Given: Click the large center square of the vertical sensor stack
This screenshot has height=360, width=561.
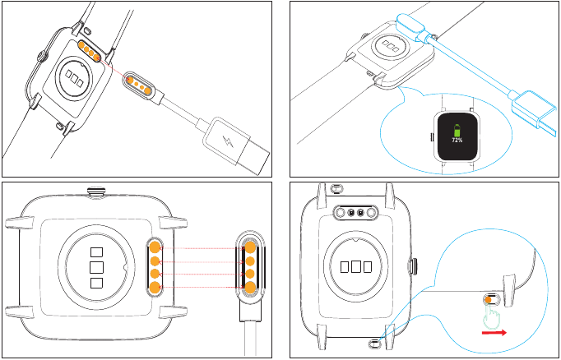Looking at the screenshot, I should tap(96, 267).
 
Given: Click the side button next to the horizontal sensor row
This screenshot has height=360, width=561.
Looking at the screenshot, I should tap(411, 265).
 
